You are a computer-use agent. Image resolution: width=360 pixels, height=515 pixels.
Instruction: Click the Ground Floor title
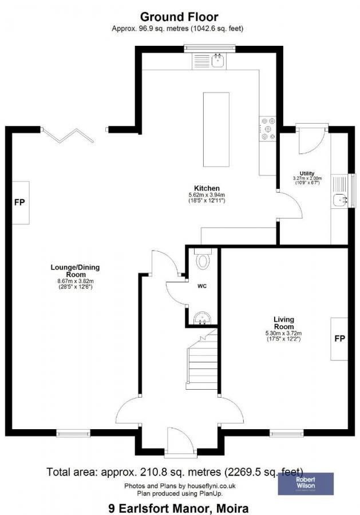pos(180,17)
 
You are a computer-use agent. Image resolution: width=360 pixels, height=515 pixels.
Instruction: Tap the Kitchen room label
pos(207,188)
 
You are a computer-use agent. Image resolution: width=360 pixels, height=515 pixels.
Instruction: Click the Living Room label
pos(283,323)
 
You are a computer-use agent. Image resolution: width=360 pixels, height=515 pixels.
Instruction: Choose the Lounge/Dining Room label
pos(72,270)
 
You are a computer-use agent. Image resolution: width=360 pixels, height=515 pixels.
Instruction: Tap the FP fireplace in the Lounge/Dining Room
pos(21,203)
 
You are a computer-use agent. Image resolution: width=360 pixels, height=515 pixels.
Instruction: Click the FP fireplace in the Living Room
pos(339,339)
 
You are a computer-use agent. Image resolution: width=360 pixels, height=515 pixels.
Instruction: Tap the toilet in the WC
pos(203,261)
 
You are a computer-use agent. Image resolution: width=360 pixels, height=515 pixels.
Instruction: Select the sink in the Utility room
pos(341,200)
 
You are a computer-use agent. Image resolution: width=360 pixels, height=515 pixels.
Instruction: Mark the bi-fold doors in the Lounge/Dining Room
pos(69,135)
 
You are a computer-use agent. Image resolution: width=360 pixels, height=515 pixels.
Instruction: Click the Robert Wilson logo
pos(305,484)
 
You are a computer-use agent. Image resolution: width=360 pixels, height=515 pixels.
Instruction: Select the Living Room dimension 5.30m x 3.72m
pos(284,334)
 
